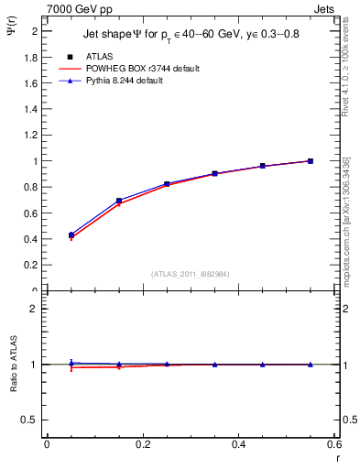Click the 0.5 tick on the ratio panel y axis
33,420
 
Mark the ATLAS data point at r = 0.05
71,235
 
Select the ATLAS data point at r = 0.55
311,161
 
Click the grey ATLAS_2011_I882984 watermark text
190,273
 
